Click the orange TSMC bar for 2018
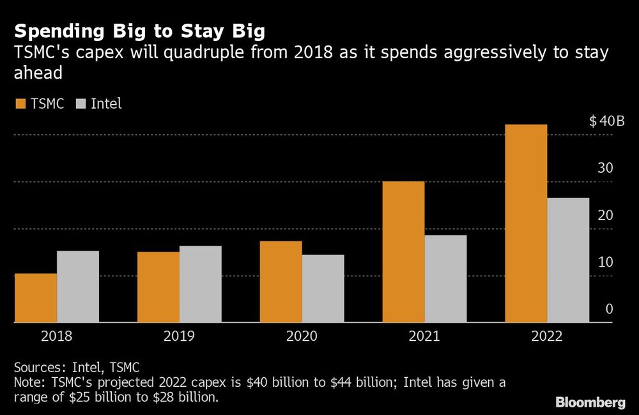click(x=36, y=298)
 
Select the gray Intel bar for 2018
click(x=78, y=286)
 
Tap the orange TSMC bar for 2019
click(x=158, y=287)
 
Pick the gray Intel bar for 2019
click(x=201, y=285)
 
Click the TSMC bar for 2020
click(x=281, y=282)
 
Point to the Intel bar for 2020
click(x=323, y=288)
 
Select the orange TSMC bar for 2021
click(x=404, y=252)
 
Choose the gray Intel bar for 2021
click(x=446, y=279)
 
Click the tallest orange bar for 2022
click(x=527, y=224)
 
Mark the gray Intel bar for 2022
click(x=569, y=260)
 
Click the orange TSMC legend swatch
click(x=19, y=104)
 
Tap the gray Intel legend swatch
click(x=80, y=104)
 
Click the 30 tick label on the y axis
click(x=605, y=168)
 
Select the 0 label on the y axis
click(x=609, y=309)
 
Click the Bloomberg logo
click(x=590, y=402)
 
